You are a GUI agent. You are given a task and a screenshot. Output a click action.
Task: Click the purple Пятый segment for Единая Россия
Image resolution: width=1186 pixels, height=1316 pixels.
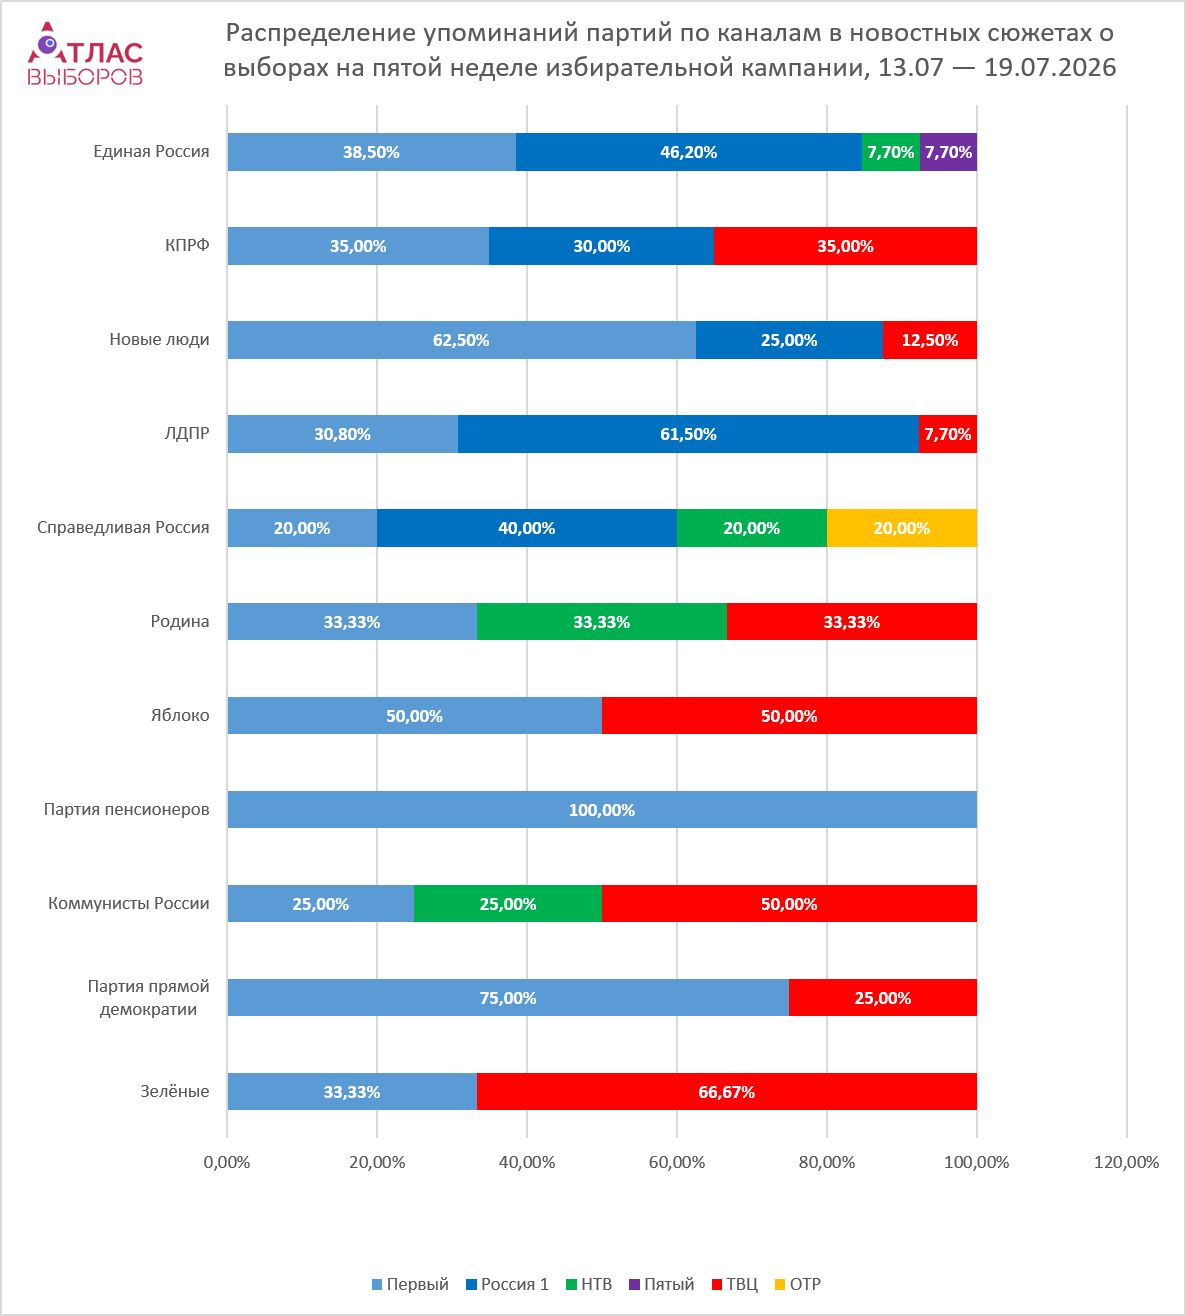coord(948,152)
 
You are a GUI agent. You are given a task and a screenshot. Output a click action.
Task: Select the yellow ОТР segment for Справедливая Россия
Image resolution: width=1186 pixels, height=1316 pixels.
coord(902,528)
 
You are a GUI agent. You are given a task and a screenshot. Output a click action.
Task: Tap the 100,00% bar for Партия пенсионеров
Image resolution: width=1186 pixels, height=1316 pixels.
coord(602,810)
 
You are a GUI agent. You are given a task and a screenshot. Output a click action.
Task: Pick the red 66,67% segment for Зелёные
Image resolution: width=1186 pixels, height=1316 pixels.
coord(727,1092)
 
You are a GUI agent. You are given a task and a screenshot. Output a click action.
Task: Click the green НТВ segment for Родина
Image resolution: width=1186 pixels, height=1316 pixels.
coord(602,622)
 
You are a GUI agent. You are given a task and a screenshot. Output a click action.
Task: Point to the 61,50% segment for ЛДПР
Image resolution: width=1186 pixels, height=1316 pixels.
coord(688,434)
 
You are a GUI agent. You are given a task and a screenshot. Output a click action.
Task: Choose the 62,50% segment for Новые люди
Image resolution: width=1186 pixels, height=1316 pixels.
coord(461,340)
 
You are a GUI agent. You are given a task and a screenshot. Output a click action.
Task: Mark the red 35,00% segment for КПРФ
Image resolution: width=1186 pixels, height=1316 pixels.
coord(845,246)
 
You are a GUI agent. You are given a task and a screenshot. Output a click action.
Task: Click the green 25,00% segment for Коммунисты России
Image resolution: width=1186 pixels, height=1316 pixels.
coord(508,903)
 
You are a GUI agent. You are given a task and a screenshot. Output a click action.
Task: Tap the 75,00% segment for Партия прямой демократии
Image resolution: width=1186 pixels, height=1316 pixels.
coord(508,998)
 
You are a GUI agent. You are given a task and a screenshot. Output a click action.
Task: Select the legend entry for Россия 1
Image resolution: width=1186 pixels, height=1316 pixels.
coord(507,1284)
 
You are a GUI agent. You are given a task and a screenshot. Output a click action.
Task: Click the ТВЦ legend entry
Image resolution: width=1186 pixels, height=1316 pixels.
coord(735,1284)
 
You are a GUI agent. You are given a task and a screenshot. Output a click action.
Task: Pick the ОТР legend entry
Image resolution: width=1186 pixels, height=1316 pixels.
coord(798,1284)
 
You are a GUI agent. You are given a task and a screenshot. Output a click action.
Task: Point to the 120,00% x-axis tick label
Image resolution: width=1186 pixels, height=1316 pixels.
coord(1126,1162)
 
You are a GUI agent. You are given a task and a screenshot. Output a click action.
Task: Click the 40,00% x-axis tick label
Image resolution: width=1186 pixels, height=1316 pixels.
coord(527,1162)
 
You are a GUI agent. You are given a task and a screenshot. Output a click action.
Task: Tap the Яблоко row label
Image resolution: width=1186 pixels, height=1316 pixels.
coord(180,715)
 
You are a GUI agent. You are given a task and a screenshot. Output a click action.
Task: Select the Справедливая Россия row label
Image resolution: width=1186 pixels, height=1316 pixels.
coord(123,527)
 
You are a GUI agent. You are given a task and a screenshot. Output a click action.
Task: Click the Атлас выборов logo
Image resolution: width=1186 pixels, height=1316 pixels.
coord(85,54)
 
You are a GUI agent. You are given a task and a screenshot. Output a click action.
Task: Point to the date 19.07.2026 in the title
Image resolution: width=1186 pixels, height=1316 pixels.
coord(1050,68)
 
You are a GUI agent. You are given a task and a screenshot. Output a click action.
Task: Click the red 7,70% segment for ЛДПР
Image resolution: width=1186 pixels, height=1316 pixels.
coord(948,434)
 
